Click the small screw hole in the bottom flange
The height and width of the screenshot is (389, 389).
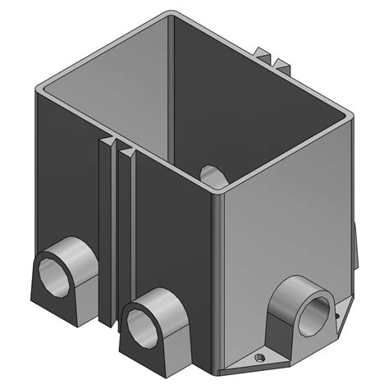pyautogui.click(x=259, y=358)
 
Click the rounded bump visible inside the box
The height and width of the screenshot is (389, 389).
pyautogui.click(x=210, y=175)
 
